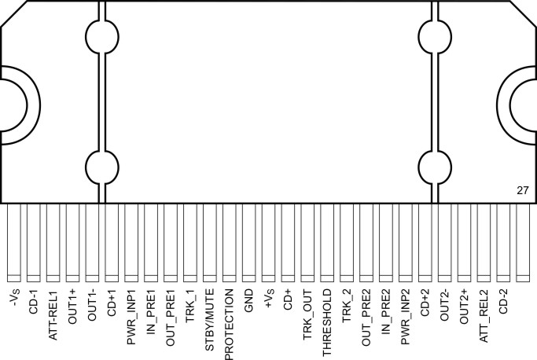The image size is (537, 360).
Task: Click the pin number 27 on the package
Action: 522,190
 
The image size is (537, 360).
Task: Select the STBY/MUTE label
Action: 210,313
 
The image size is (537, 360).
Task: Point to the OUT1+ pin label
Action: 72,306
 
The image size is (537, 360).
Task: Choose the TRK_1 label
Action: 190,305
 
